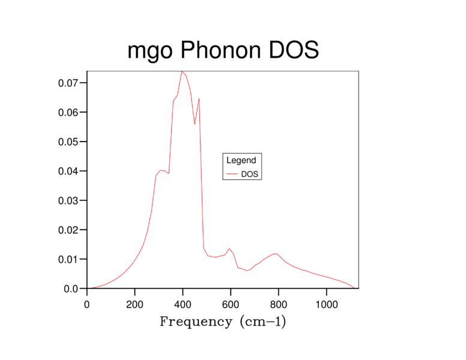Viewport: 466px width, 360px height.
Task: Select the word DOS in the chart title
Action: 293,51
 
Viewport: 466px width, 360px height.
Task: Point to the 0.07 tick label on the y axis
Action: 68,83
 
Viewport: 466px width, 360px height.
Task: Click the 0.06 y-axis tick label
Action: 68,112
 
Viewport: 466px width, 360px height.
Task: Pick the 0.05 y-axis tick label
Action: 68,142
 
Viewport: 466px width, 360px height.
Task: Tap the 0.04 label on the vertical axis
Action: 68,171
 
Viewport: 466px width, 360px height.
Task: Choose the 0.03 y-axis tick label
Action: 68,200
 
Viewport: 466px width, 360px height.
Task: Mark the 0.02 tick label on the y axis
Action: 68,230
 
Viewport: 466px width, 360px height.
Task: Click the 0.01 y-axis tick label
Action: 68,259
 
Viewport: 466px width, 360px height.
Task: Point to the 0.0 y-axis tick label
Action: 71,289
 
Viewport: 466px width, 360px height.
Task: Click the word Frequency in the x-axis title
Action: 196,322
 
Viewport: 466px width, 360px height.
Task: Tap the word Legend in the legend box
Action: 241,160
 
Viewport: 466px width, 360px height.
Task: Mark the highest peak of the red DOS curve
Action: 181,71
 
